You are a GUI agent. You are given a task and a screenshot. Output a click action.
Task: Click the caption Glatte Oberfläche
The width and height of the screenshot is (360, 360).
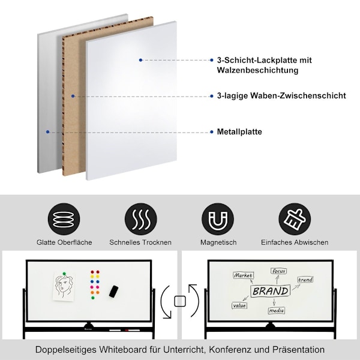(64, 242)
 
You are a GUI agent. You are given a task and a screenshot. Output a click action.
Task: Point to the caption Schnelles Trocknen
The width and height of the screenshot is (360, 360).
(140, 242)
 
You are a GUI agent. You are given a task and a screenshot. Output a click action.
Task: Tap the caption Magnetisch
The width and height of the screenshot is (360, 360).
(218, 242)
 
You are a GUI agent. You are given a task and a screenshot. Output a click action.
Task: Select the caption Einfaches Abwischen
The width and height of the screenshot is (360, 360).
(295, 242)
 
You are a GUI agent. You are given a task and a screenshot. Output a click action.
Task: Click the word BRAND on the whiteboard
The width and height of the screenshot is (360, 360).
(270, 291)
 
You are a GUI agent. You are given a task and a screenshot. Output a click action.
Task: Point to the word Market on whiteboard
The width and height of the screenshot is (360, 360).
(243, 275)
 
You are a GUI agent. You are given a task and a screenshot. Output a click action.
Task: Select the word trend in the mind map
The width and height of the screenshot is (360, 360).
(305, 280)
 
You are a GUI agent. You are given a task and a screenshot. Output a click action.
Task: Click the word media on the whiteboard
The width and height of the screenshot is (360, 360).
(277, 311)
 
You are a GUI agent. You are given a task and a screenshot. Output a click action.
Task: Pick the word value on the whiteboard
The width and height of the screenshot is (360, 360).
(239, 305)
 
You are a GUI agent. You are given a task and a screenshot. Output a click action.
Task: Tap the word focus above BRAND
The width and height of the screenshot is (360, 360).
(278, 271)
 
